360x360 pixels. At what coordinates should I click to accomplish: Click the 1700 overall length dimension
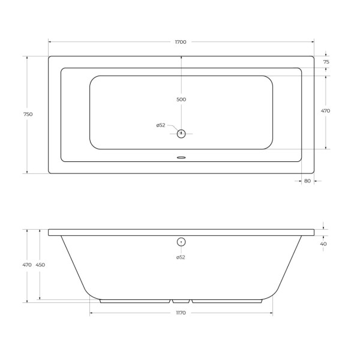click(181, 42)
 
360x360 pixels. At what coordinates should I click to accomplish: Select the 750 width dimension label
click(28, 115)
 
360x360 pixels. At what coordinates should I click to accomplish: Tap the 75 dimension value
click(326, 62)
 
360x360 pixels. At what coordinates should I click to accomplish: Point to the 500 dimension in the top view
click(181, 100)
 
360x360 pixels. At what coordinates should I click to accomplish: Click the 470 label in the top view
click(326, 111)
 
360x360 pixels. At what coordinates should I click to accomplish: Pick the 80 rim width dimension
click(307, 181)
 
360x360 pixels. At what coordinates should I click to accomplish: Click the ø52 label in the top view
click(161, 125)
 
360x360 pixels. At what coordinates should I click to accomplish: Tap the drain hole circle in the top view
click(181, 133)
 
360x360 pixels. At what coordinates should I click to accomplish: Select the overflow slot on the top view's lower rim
click(181, 158)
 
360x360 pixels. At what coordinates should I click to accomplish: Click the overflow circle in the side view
click(181, 242)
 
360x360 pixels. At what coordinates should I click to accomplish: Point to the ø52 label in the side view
click(181, 257)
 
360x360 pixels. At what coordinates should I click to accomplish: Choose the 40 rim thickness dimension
click(324, 244)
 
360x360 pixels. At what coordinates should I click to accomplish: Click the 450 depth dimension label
click(41, 265)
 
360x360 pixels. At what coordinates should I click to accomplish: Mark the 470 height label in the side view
click(27, 265)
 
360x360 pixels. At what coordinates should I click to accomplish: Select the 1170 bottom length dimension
click(181, 313)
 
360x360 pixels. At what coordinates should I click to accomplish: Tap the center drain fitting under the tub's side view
click(181, 301)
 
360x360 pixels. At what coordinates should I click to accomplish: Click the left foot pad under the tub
click(135, 301)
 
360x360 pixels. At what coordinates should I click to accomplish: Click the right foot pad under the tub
click(227, 301)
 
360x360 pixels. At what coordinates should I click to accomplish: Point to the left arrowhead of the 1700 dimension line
click(50, 42)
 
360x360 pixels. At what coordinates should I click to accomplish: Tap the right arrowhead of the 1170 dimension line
click(271, 313)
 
